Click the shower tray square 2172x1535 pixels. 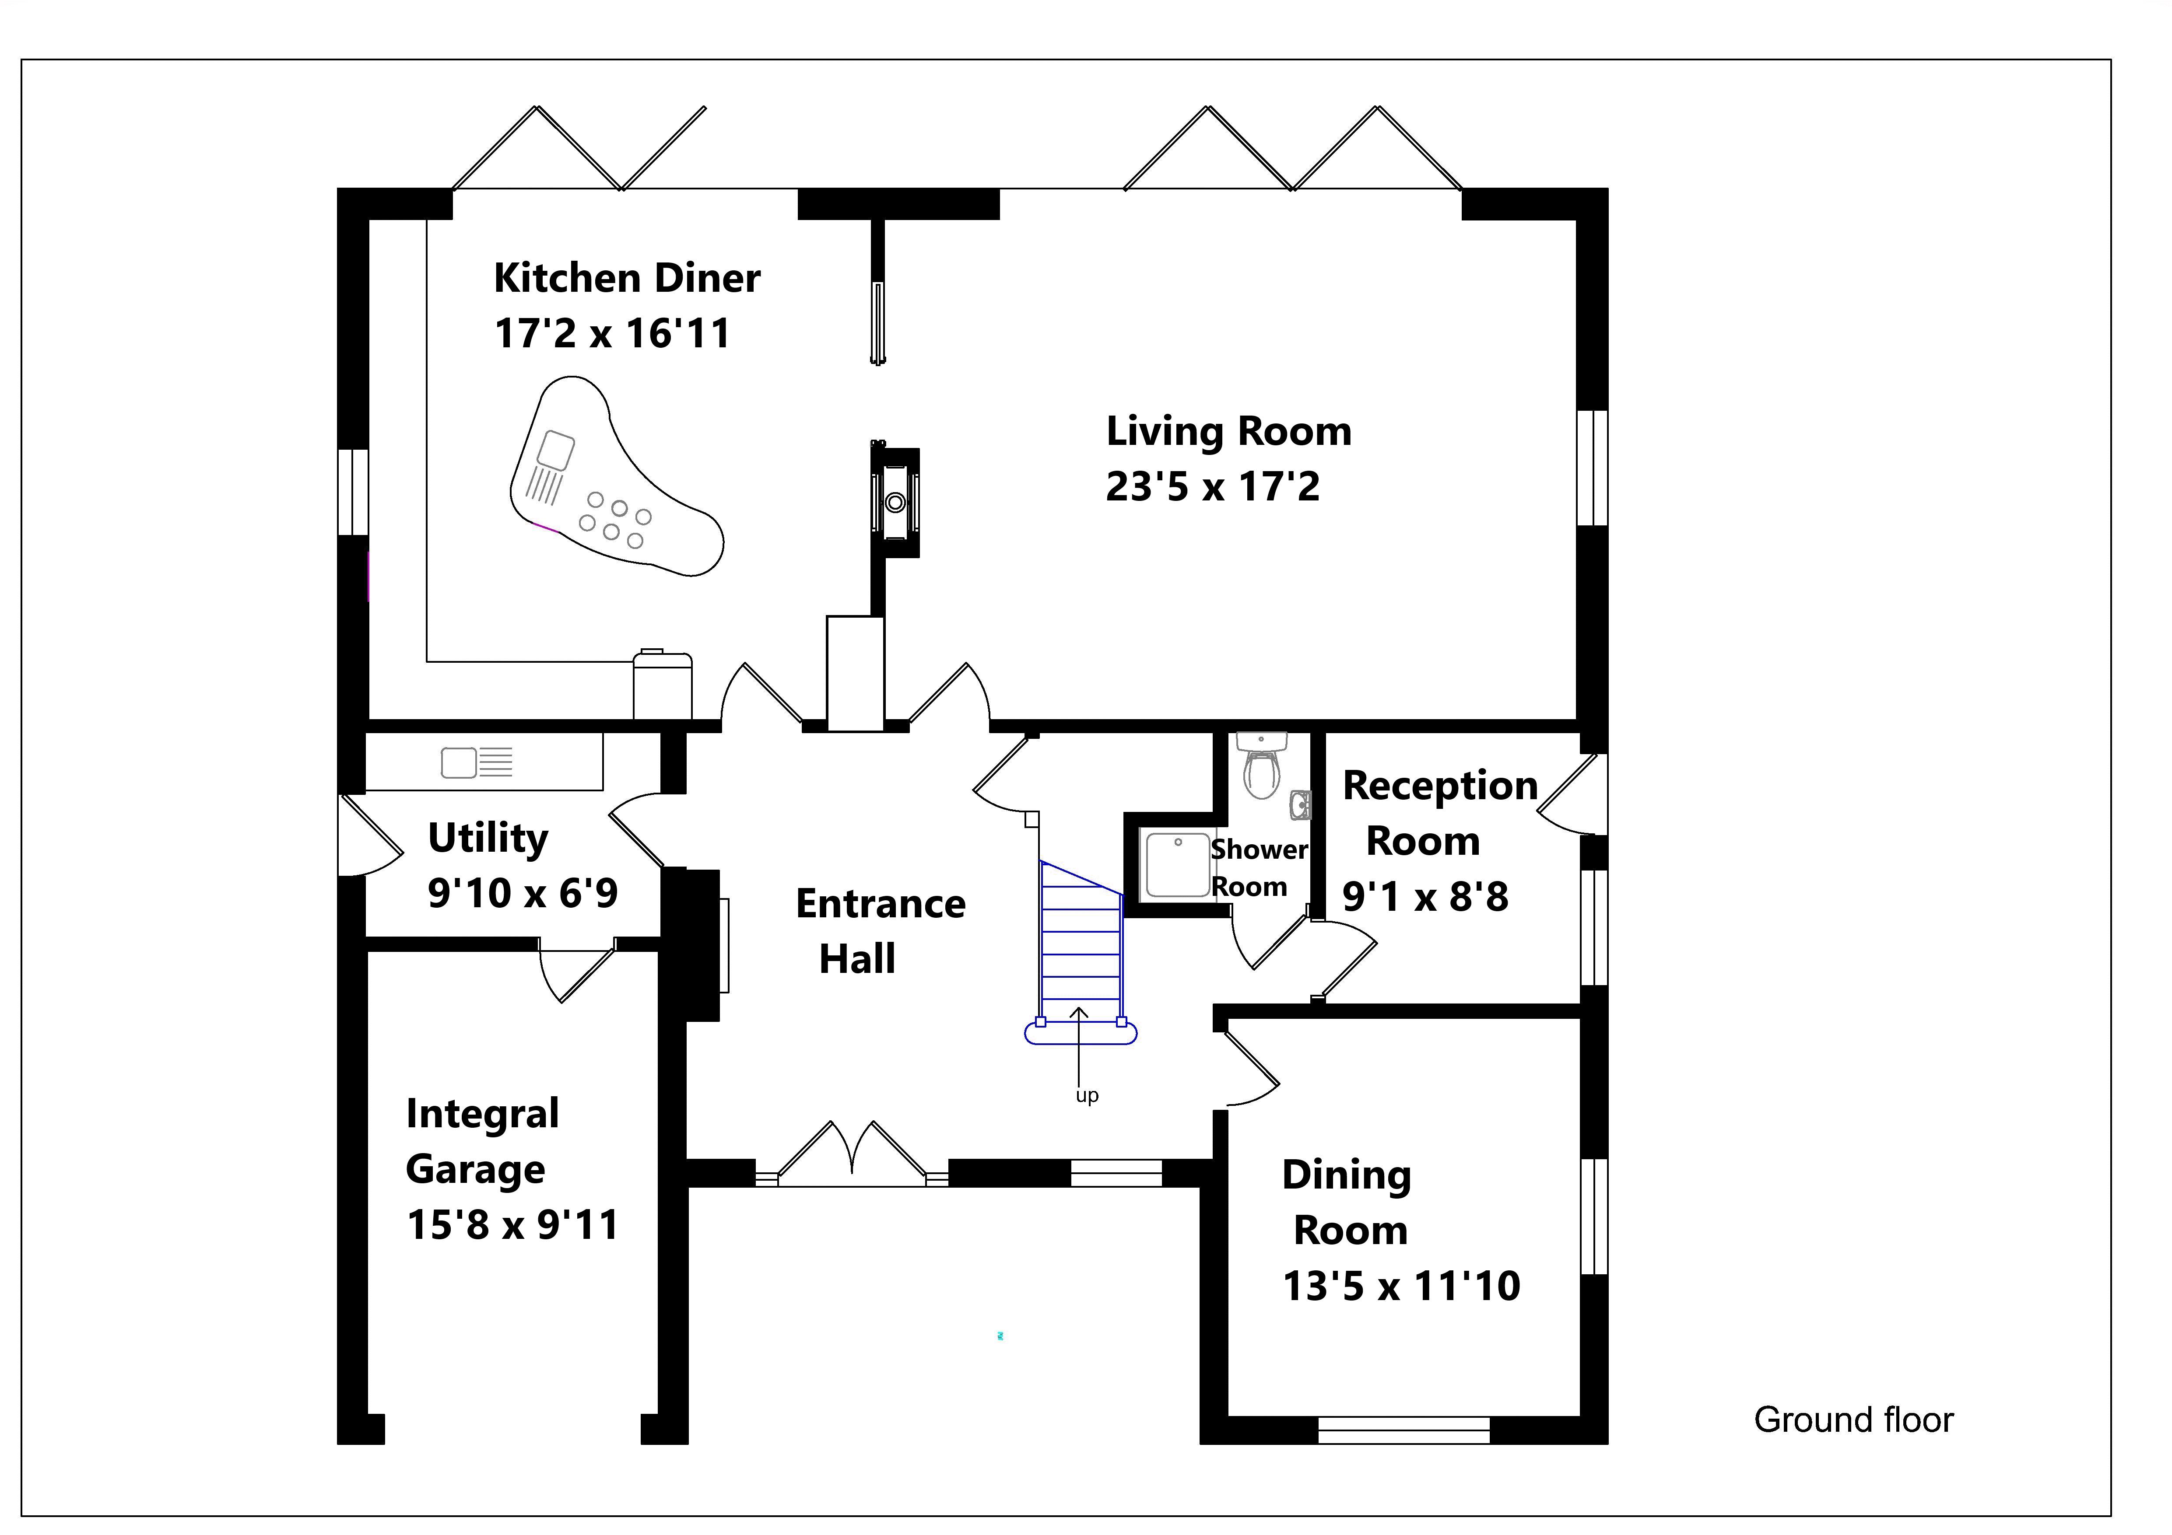click(1178, 864)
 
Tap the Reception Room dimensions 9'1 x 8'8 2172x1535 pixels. click(1425, 897)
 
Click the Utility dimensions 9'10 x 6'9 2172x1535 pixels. click(522, 893)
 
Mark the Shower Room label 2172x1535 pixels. click(1258, 868)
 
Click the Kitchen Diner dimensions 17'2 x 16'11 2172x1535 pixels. click(612, 334)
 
